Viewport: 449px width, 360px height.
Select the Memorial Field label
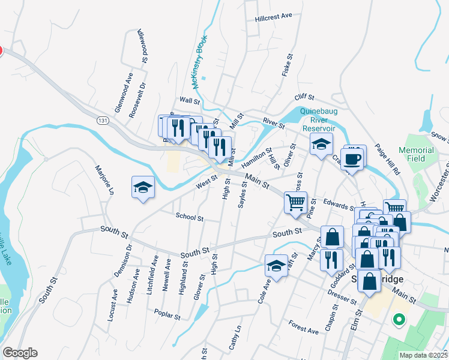[416, 154]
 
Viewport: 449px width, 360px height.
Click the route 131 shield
[103, 121]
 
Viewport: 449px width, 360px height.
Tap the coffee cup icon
[354, 158]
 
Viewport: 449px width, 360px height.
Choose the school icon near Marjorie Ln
[143, 188]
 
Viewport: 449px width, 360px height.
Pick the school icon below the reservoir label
[321, 144]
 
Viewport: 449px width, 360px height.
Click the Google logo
[19, 353]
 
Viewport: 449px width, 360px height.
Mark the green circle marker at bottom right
[397, 320]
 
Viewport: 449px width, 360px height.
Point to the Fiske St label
[285, 66]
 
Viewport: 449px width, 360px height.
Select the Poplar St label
[167, 313]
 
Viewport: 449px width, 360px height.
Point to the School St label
[190, 218]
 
